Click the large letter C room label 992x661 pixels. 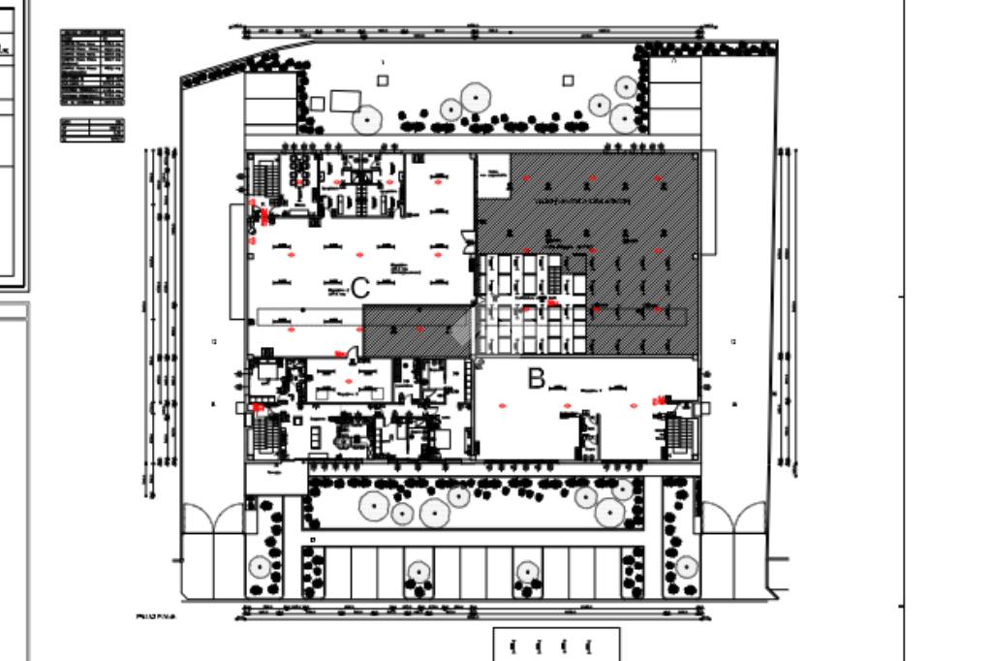tap(360, 288)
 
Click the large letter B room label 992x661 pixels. tap(536, 379)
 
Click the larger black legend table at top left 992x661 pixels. tap(92, 67)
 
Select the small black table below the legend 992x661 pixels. tap(92, 130)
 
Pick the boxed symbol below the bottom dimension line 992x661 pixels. tap(556, 645)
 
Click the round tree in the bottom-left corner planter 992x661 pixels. tap(259, 566)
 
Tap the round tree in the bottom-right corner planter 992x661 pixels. tap(686, 566)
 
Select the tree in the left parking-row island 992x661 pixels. tap(418, 572)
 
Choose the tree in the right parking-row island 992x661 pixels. tap(526, 572)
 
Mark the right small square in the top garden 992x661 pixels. tap(568, 80)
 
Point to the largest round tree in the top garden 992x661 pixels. tap(475, 97)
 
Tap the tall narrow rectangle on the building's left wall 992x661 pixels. tap(235, 261)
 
